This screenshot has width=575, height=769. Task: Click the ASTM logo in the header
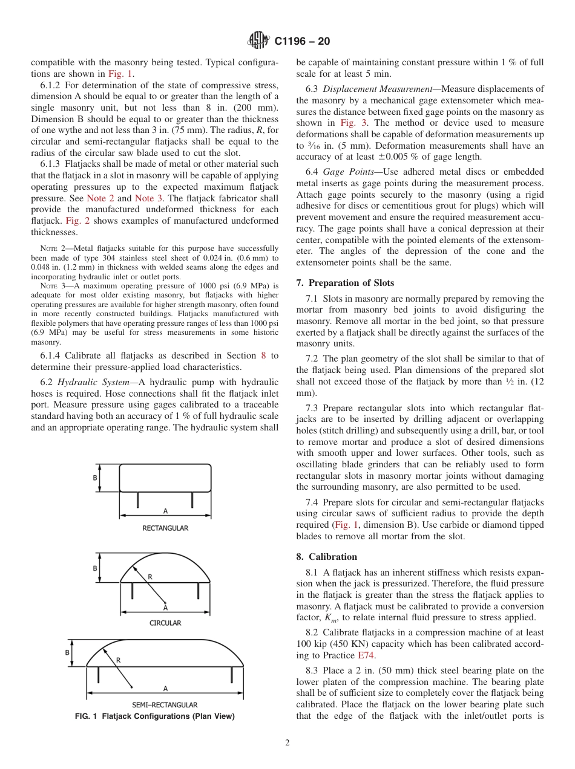tap(259, 41)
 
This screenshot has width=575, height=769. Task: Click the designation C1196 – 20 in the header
tap(302, 42)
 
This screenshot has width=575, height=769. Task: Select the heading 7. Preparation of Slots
tap(345, 283)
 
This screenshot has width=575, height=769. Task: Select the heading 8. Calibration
tap(327, 557)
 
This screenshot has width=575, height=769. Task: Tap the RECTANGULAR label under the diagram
tap(165, 528)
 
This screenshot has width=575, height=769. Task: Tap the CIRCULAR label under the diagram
tap(165, 623)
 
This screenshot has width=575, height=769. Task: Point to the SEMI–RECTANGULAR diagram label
tap(165, 705)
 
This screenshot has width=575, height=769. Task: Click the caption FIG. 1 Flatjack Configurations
tap(154, 716)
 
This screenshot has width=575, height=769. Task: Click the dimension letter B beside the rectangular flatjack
tap(95, 478)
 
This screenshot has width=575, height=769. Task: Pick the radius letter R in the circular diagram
tap(150, 577)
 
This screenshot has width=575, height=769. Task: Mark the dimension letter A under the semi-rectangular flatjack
tap(165, 688)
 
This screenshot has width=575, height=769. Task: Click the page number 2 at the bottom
tap(287, 743)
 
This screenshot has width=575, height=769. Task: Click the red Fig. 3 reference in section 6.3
tap(352, 122)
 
